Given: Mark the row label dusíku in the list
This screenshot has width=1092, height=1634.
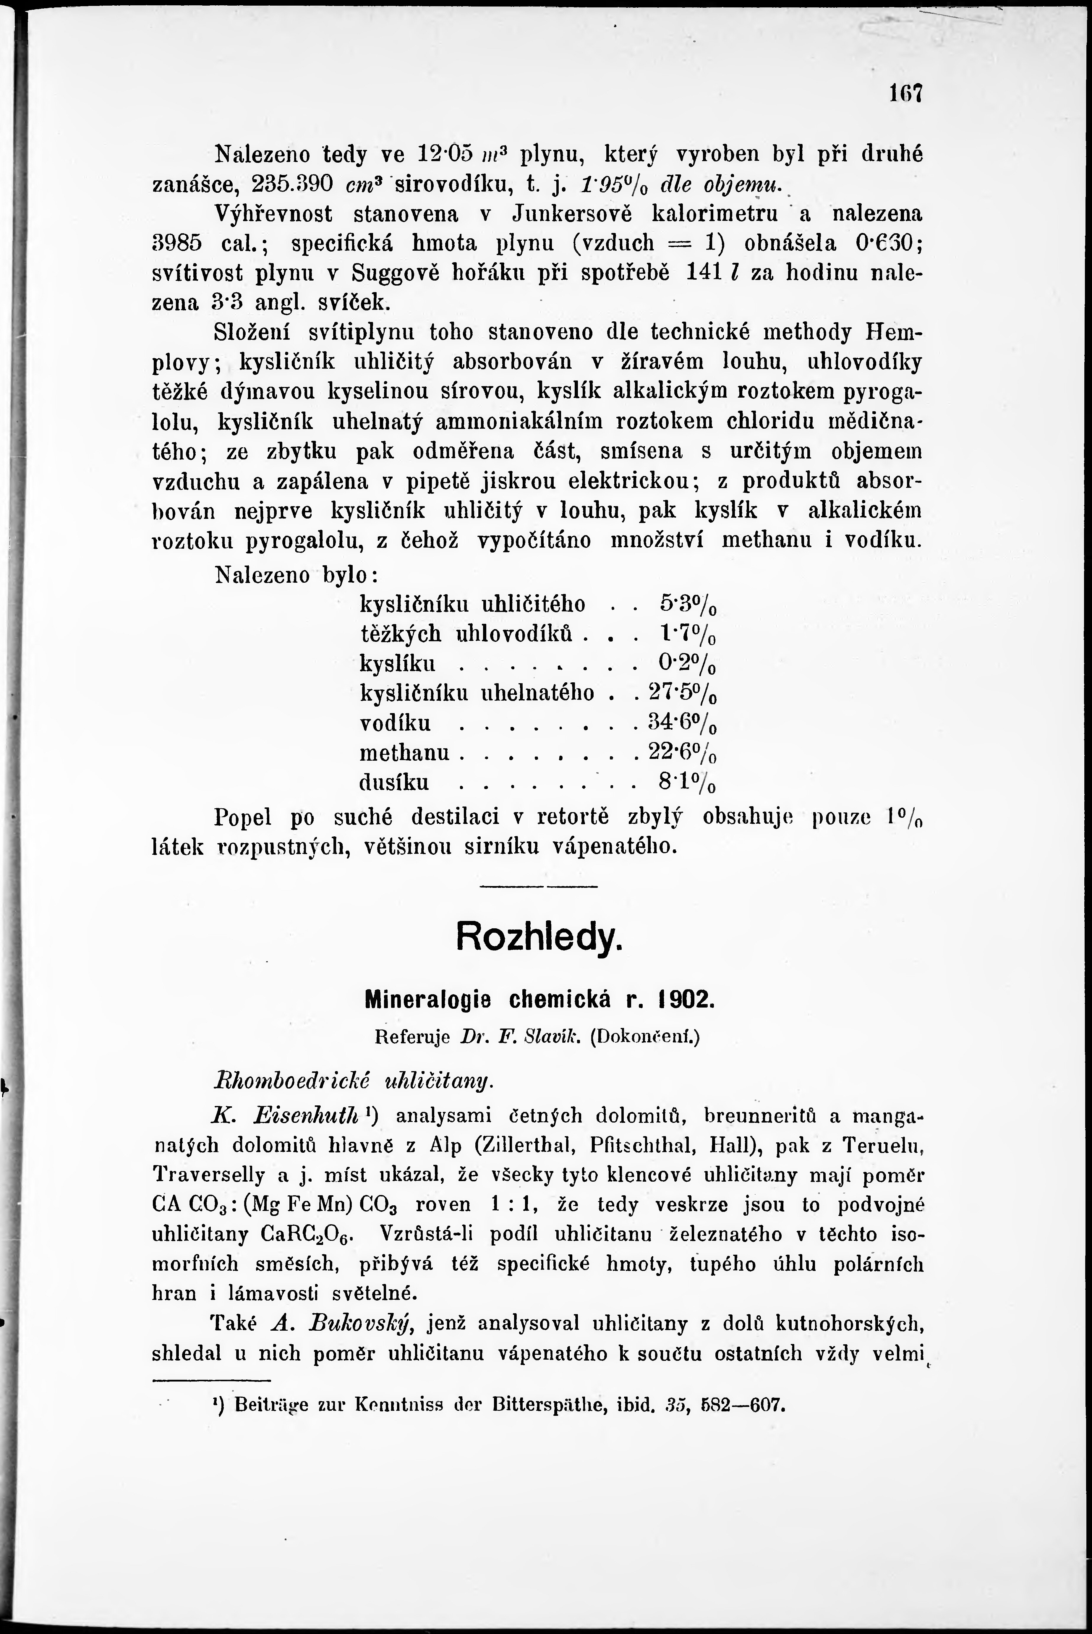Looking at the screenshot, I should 394,783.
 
